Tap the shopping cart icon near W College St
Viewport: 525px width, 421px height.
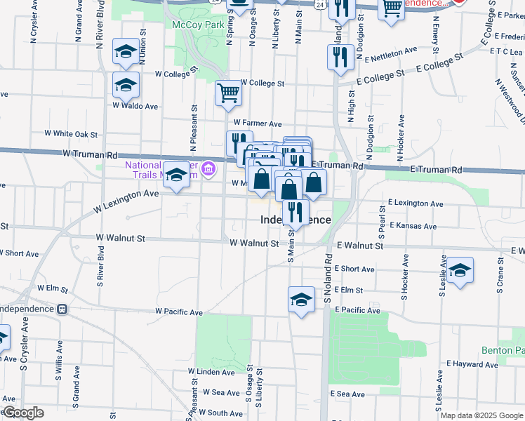pos(228,93)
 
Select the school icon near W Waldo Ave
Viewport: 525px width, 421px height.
pos(126,85)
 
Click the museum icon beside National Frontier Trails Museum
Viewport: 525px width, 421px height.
pos(208,168)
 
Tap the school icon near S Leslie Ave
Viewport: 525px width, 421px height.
pos(460,270)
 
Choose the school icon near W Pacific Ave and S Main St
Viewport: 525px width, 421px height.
pos(301,299)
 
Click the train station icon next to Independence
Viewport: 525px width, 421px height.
pos(62,309)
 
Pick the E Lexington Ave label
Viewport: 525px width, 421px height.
pos(416,203)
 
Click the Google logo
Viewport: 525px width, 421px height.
pos(23,413)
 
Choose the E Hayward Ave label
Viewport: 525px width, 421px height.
pos(472,364)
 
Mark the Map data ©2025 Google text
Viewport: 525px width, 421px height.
pos(481,415)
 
